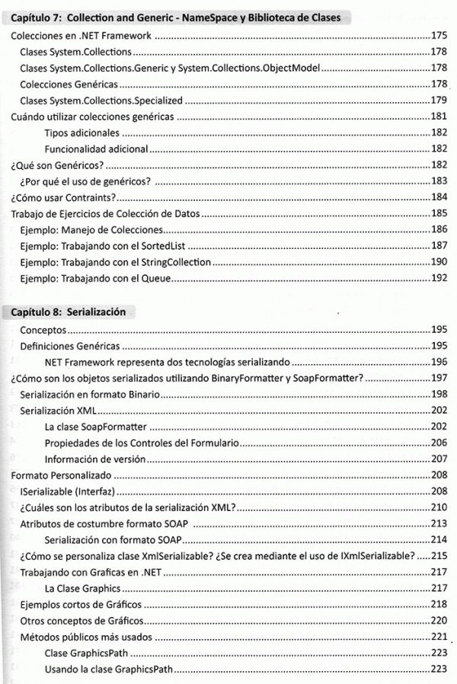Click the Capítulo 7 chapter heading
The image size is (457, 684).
pyautogui.click(x=175, y=18)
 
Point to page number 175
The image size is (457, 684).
pyautogui.click(x=438, y=35)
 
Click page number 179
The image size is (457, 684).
pyautogui.click(x=438, y=101)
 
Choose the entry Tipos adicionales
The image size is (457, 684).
pyautogui.click(x=81, y=133)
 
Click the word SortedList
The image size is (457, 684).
pyautogui.click(x=165, y=247)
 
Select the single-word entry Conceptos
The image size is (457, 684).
pyautogui.click(x=43, y=330)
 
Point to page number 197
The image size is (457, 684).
pyautogui.click(x=438, y=379)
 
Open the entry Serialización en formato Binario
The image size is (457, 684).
pyautogui.click(x=90, y=395)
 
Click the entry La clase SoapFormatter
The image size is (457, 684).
pyautogui.click(x=95, y=427)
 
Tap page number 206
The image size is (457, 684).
pyautogui.click(x=438, y=443)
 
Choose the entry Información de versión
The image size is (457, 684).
pyautogui.click(x=94, y=459)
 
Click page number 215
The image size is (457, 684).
pyautogui.click(x=438, y=556)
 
